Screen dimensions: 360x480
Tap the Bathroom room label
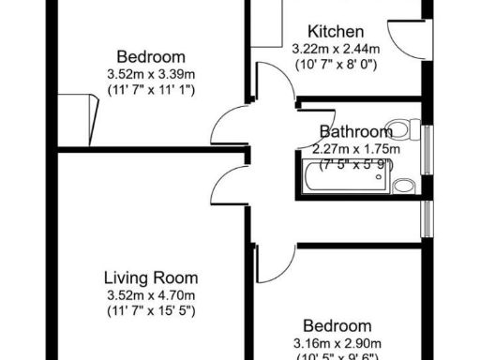click(x=355, y=132)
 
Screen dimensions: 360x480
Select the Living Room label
click(x=150, y=277)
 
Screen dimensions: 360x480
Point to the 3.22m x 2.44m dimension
click(x=335, y=48)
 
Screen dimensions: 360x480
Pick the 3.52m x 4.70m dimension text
click(x=150, y=294)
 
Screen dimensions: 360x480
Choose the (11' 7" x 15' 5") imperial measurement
click(x=150, y=310)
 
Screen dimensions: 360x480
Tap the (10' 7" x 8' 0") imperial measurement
click(x=335, y=65)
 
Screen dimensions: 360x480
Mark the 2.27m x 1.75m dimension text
click(x=356, y=148)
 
